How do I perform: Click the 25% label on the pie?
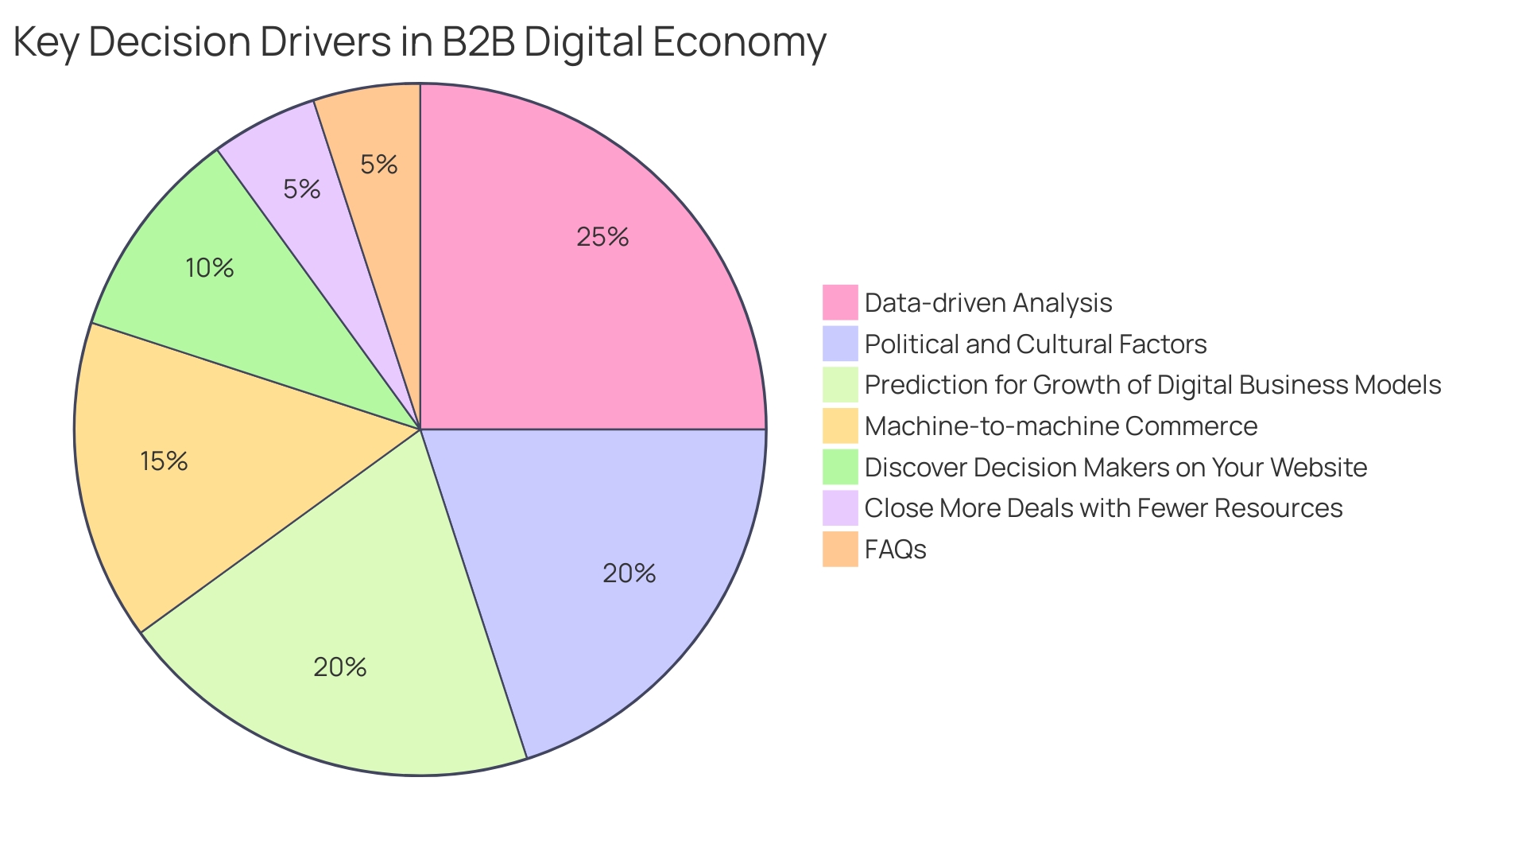[602, 237]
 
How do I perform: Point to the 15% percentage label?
[164, 461]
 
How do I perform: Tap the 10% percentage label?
[210, 268]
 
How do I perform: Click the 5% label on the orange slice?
[378, 165]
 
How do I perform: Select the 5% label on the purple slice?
[302, 189]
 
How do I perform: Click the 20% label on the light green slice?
[340, 667]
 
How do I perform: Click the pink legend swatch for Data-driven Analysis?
[840, 302]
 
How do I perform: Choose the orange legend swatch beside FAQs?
[840, 549]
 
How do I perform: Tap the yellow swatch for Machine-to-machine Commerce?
[840, 426]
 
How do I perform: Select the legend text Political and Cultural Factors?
[1035, 344]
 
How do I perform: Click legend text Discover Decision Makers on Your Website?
[1115, 467]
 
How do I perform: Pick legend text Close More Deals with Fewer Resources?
[1103, 508]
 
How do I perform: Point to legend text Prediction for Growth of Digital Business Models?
[1152, 385]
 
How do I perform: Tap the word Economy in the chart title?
[739, 41]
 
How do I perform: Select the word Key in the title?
[45, 41]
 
